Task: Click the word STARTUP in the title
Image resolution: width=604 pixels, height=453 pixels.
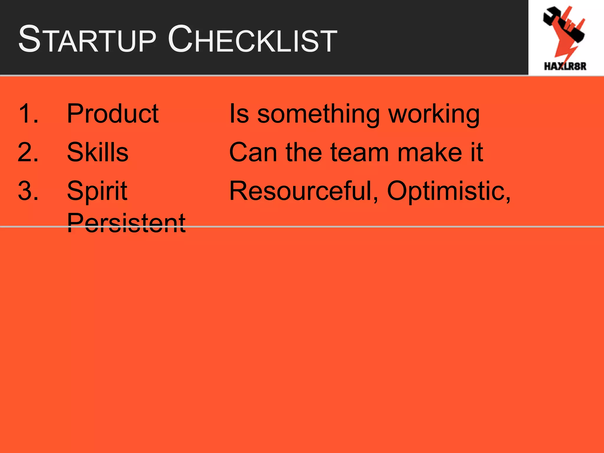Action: click(x=87, y=40)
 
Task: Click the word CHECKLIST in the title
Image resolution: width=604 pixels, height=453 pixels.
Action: click(x=252, y=40)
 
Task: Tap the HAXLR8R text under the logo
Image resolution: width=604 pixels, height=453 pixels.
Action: click(x=565, y=66)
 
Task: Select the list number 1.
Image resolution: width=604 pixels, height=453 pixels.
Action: click(x=28, y=114)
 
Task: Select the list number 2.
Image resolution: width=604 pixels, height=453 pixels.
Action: click(x=28, y=152)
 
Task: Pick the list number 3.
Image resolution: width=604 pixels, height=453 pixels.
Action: click(x=28, y=191)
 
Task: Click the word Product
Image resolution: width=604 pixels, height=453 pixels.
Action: click(x=113, y=114)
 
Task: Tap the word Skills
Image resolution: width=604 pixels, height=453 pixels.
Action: click(x=98, y=152)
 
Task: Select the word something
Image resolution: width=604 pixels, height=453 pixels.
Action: click(x=318, y=115)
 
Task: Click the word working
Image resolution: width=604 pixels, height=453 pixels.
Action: click(x=434, y=115)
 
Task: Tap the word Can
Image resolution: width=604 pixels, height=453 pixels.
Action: click(x=253, y=152)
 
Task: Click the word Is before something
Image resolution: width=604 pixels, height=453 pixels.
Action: click(x=239, y=114)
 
